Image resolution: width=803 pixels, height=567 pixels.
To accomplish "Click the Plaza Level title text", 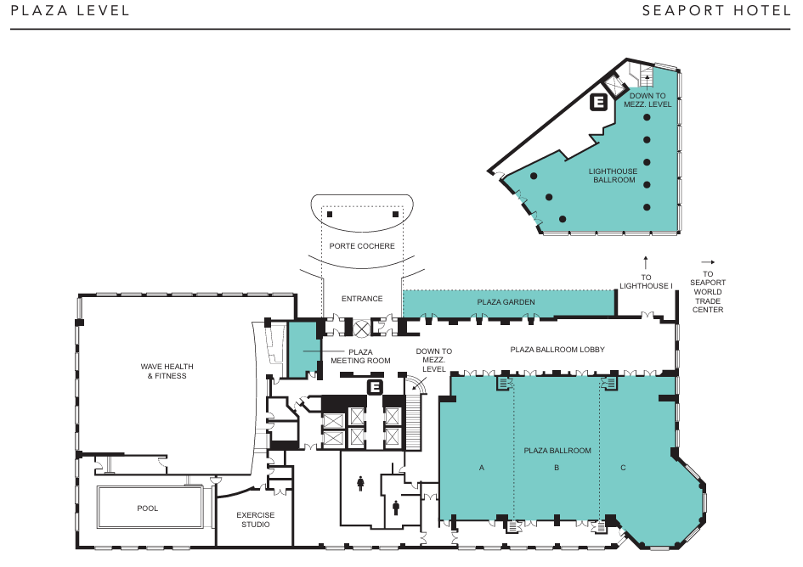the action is pyautogui.click(x=71, y=11).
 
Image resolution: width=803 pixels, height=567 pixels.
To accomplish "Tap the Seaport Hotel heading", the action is pyautogui.click(x=716, y=11).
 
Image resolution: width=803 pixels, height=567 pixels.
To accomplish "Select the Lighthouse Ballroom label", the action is pyautogui.click(x=613, y=176).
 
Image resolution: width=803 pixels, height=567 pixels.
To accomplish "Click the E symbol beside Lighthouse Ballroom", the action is pyautogui.click(x=599, y=102).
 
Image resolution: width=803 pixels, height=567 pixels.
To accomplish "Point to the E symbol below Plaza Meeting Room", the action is pyautogui.click(x=376, y=387).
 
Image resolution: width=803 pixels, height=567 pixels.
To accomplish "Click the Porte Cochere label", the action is pyautogui.click(x=362, y=246).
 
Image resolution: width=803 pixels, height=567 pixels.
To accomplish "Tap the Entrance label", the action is pyautogui.click(x=362, y=298).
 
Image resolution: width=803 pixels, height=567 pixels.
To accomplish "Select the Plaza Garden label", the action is pyautogui.click(x=506, y=302).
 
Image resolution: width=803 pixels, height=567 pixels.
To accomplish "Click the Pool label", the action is pyautogui.click(x=148, y=508).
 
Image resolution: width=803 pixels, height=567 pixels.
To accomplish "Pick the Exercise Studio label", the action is pyautogui.click(x=256, y=519).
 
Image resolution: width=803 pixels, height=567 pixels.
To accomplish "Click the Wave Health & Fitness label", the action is pyautogui.click(x=167, y=371).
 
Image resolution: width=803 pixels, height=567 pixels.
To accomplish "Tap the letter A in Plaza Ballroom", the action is pyautogui.click(x=482, y=468).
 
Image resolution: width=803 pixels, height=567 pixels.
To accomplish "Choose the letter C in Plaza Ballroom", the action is pyautogui.click(x=623, y=468).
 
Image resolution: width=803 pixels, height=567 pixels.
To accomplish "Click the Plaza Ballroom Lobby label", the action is pyautogui.click(x=557, y=350).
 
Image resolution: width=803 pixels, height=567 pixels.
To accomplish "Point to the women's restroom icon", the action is pyautogui.click(x=360, y=484).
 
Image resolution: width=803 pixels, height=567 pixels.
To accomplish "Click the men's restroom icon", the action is pyautogui.click(x=396, y=508).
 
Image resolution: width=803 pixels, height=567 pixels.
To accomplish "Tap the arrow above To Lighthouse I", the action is pyautogui.click(x=646, y=262).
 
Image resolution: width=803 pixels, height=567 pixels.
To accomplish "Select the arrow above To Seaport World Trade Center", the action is pyautogui.click(x=709, y=262).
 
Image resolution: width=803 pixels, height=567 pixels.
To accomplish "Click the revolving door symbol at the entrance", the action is pyautogui.click(x=361, y=328).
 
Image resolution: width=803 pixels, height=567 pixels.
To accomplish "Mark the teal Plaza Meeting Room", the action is pyautogui.click(x=303, y=350).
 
